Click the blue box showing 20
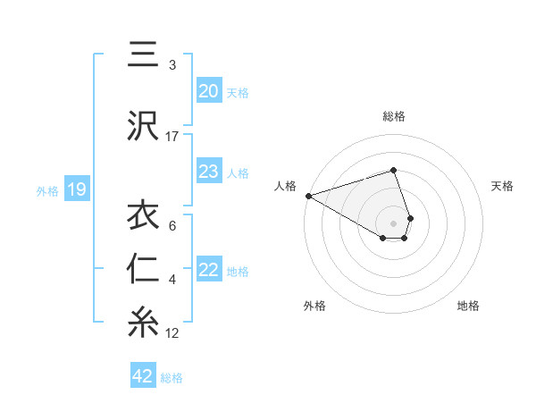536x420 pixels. pyautogui.click(x=208, y=91)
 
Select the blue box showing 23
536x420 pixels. pyautogui.click(x=208, y=172)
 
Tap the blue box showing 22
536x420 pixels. pyautogui.click(x=208, y=270)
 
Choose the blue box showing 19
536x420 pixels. pyautogui.click(x=76, y=189)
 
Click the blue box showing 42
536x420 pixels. pyautogui.click(x=143, y=376)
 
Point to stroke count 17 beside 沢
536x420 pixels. pyautogui.click(x=172, y=137)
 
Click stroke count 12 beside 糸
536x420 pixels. pyautogui.click(x=172, y=333)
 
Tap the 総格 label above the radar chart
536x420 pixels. pyautogui.click(x=394, y=116)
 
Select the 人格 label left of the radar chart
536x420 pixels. pyautogui.click(x=286, y=186)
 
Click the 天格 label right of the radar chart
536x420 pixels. pyautogui.click(x=503, y=186)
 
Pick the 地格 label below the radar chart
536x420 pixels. pyautogui.click(x=468, y=306)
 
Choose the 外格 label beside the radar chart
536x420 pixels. pyautogui.click(x=314, y=306)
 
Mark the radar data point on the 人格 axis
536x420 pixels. pyautogui.click(x=308, y=196)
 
